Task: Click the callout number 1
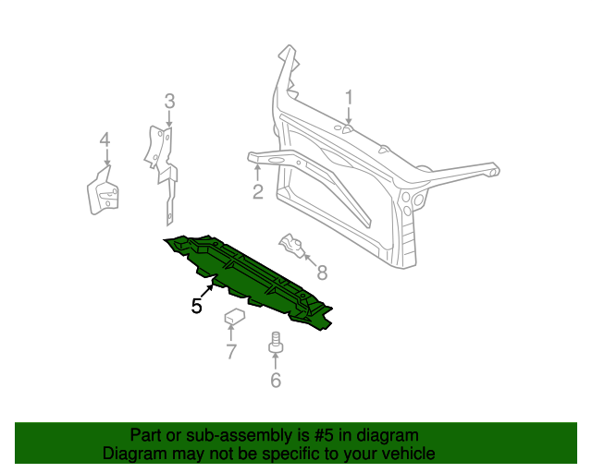[x=350, y=97]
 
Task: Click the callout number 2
[x=258, y=192]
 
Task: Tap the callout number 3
[x=169, y=101]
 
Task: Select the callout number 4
[x=105, y=139]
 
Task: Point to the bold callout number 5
[x=196, y=306]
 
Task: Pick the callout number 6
[x=276, y=380]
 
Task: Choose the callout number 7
[x=231, y=350]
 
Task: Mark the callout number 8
[x=321, y=273]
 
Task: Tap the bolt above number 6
[x=275, y=344]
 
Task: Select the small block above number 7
[x=234, y=319]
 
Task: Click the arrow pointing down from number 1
[x=349, y=117]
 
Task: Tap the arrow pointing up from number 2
[x=257, y=172]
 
